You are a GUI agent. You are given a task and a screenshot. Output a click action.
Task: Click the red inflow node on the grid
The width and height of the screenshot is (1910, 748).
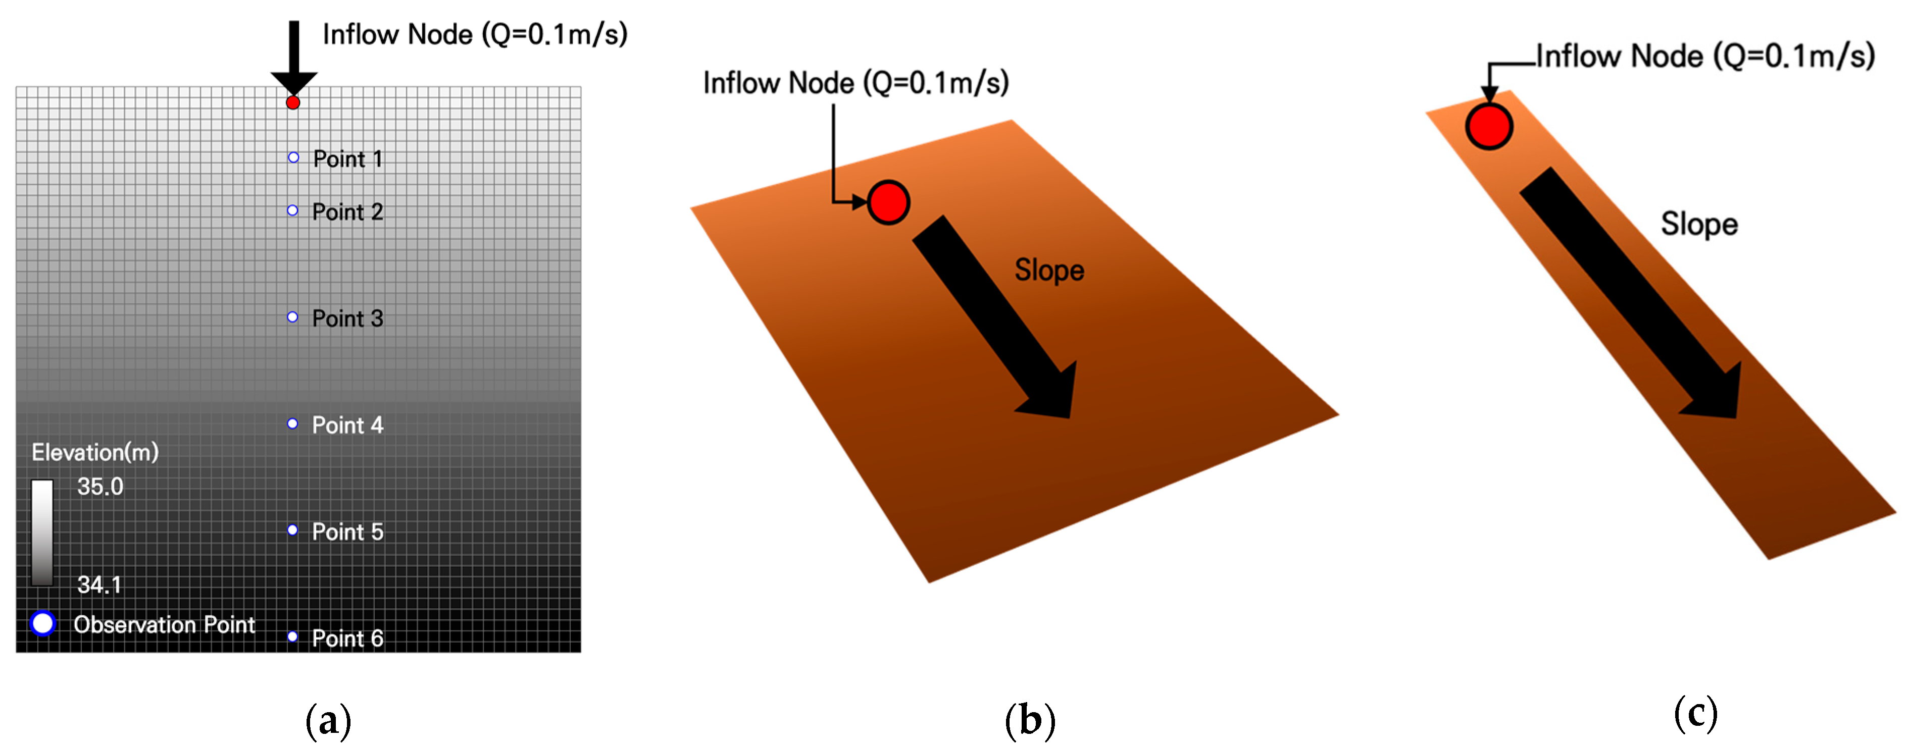click(293, 102)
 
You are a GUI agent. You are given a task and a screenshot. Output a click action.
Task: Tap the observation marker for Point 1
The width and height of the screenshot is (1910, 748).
click(293, 157)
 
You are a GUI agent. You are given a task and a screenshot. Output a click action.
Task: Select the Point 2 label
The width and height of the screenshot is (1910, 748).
click(347, 212)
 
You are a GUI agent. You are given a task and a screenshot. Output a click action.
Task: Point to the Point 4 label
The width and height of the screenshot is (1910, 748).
click(347, 425)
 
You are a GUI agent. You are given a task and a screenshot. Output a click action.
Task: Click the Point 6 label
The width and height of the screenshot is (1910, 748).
click(347, 638)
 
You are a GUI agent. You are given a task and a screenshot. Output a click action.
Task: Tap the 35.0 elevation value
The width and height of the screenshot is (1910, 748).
click(100, 487)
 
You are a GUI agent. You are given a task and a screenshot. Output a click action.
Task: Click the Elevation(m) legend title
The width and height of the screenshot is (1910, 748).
click(95, 452)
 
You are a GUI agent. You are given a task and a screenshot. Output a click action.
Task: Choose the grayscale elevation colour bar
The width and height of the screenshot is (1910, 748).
click(42, 532)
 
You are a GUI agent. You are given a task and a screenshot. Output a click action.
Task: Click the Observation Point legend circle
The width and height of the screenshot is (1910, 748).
click(43, 623)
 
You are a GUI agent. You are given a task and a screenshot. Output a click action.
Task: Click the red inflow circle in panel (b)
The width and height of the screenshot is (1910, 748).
click(888, 202)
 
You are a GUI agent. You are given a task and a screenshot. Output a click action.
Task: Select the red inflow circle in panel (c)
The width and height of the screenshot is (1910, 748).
click(1489, 126)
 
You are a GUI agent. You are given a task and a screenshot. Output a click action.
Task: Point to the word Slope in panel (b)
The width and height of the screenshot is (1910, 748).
click(1049, 270)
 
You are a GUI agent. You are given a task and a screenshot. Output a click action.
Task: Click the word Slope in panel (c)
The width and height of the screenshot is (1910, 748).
click(1699, 224)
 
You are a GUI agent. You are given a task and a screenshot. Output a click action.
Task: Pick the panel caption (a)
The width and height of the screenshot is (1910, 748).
click(328, 720)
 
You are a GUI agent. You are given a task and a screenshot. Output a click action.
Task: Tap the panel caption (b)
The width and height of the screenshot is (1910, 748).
click(1030, 720)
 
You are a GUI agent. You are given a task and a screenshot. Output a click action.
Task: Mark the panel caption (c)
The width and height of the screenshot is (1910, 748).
click(1696, 713)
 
